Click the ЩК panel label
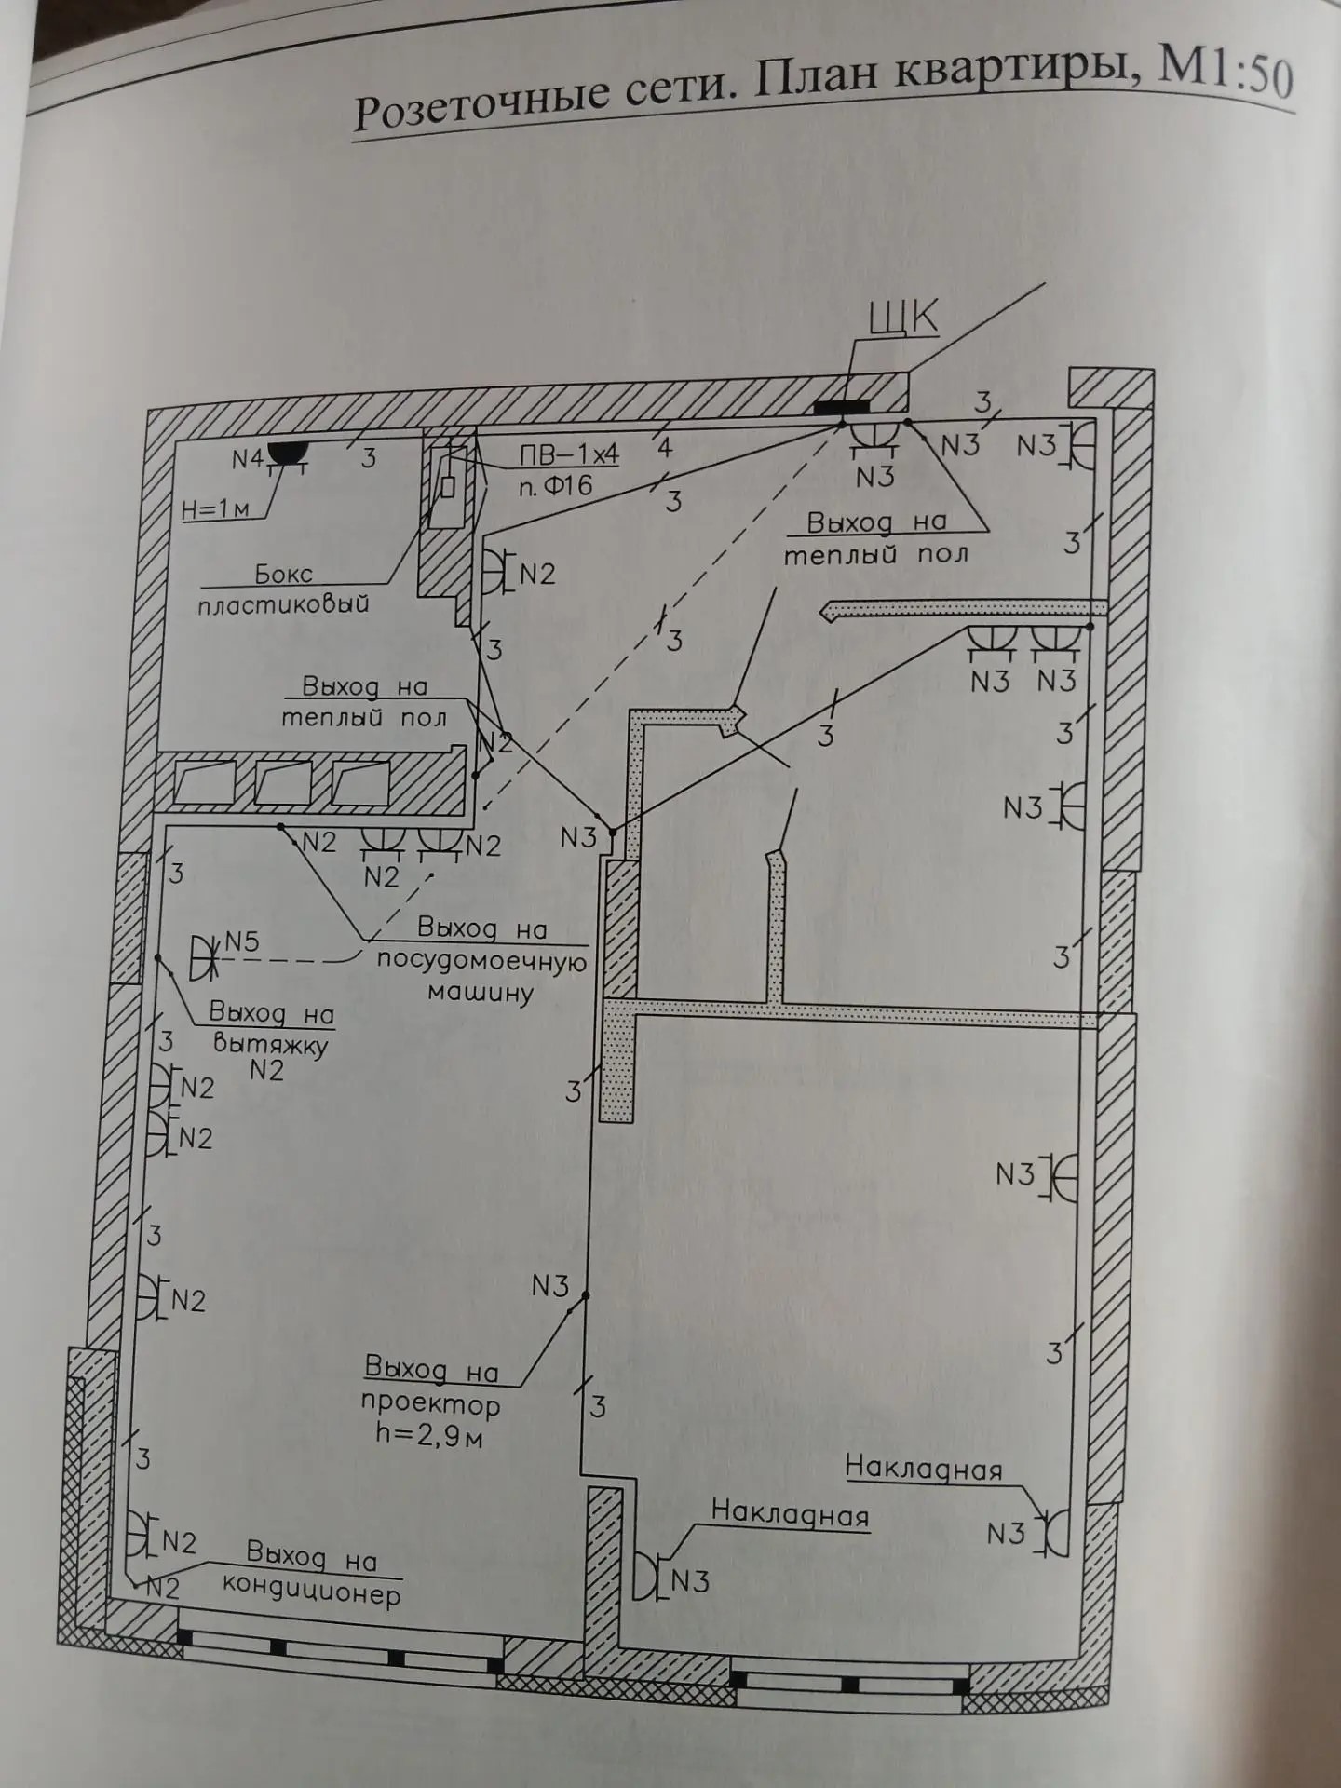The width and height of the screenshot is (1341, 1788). pos(902,318)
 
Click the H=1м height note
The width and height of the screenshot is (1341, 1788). pos(215,509)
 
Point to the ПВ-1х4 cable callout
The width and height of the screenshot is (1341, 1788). pos(568,454)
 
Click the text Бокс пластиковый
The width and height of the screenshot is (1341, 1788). pos(283,589)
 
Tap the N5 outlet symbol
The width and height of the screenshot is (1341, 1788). pos(201,956)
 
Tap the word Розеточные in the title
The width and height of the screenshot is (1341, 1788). pos(475,108)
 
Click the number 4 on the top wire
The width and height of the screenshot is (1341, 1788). pos(664,447)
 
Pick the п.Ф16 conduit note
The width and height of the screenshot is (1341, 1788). pos(555,484)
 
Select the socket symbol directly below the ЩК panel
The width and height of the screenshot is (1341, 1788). pos(875,438)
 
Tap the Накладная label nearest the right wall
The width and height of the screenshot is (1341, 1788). pos(923,1469)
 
